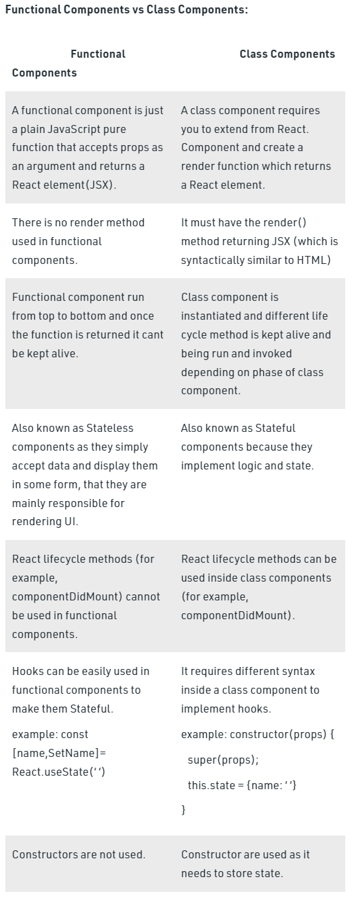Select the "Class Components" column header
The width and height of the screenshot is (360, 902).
pos(287,54)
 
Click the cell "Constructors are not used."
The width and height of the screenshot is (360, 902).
pos(79,854)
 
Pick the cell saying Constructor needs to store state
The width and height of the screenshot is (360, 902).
pos(245,864)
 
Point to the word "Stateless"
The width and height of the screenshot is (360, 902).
pos(108,428)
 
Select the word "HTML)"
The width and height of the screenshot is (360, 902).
pos(314,260)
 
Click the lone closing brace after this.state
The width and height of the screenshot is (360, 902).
pos(183,810)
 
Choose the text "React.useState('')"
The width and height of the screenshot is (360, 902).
pos(58,772)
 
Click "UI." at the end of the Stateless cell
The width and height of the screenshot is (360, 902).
pos(71,522)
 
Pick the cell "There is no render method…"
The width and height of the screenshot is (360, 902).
pos(78,240)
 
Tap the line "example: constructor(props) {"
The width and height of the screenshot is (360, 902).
pos(257,734)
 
